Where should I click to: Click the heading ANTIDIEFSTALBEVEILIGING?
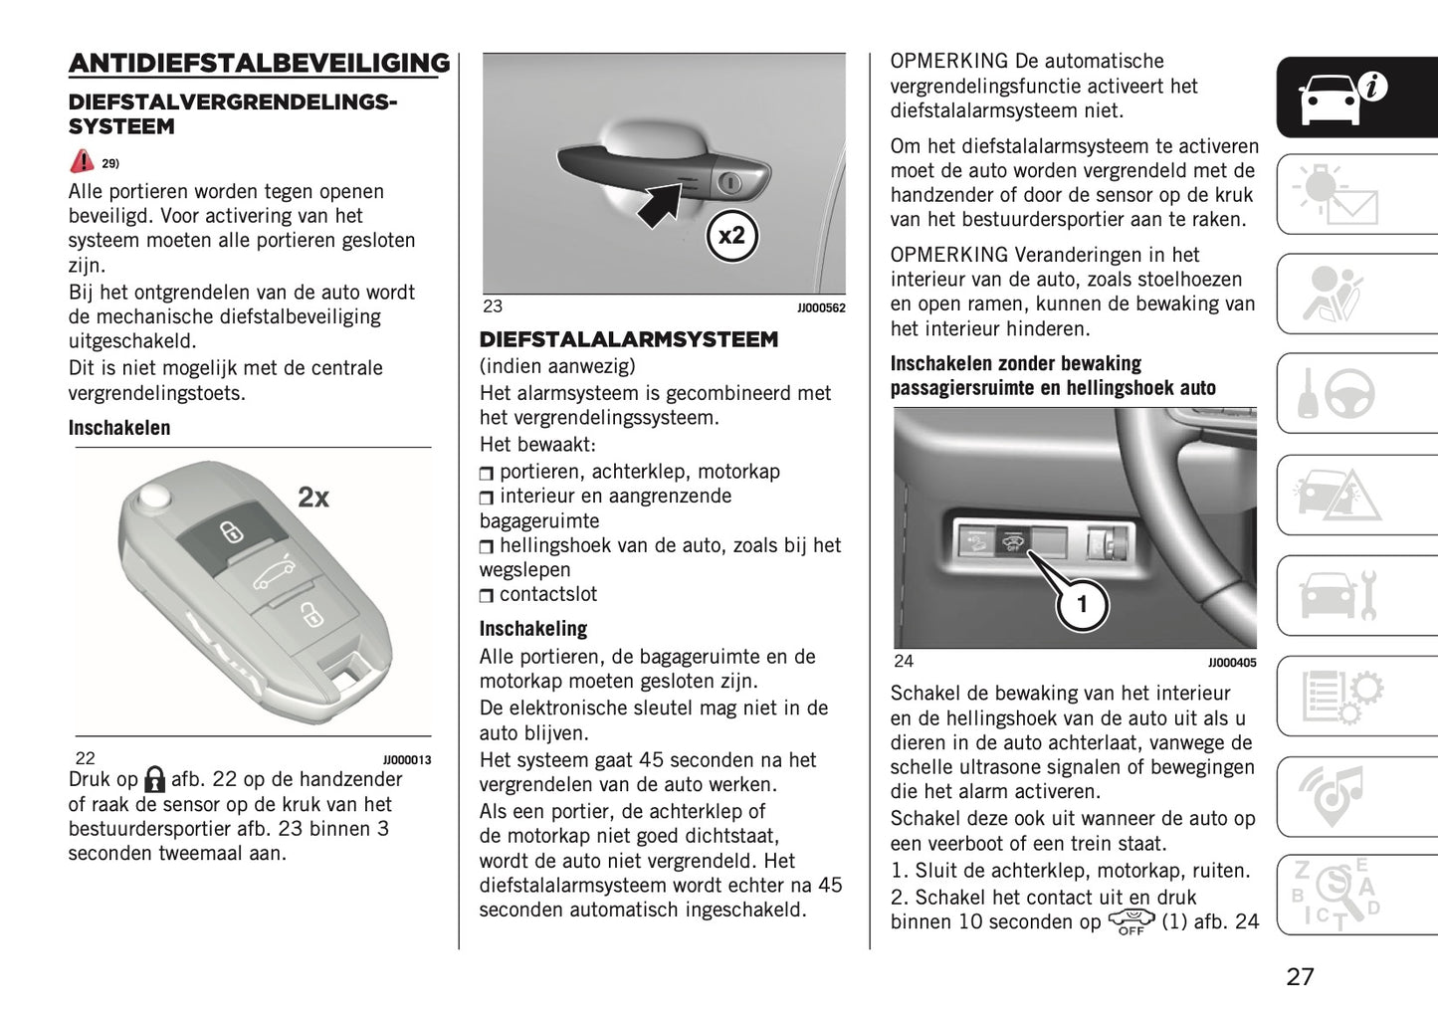[259, 64]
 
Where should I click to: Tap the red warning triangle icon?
[82, 161]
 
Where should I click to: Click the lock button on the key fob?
[230, 531]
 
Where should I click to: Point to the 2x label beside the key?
[313, 497]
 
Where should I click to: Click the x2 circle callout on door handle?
[731, 236]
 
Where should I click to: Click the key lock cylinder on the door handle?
[730, 182]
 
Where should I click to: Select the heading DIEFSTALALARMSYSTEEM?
[629, 340]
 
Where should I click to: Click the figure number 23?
[493, 306]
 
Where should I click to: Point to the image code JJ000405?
[1231, 663]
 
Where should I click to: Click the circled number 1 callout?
[1082, 604]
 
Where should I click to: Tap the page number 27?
[1300, 976]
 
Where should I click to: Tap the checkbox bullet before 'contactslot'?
[486, 596]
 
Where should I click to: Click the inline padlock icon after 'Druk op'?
[154, 779]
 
